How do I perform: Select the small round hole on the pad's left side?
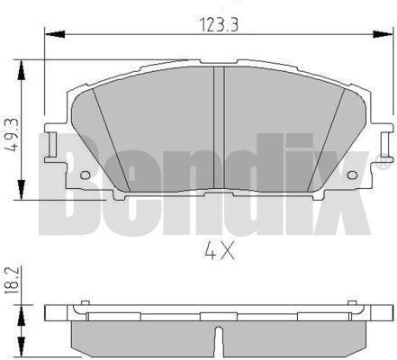[x=85, y=175]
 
